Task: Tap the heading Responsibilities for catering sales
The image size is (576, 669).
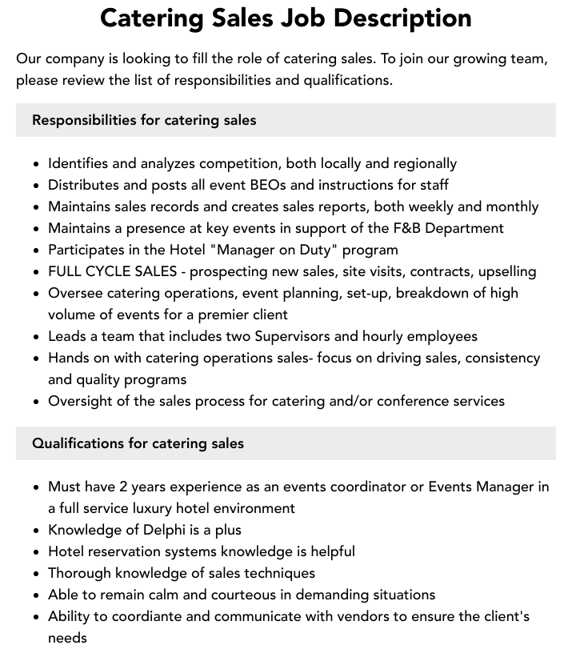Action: pos(144,120)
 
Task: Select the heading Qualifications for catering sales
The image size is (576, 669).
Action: pos(138,443)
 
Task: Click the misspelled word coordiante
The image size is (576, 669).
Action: pos(134,616)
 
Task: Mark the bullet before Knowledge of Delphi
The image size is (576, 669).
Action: pos(37,531)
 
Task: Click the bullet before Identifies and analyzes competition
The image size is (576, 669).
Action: pos(37,164)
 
